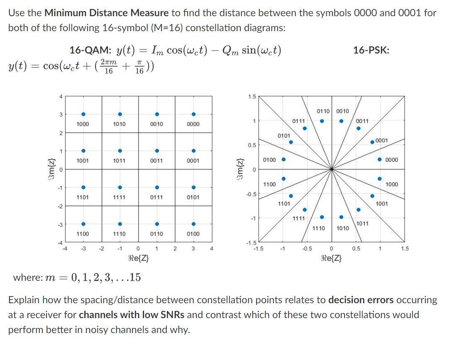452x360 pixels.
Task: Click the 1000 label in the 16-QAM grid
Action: pos(83,124)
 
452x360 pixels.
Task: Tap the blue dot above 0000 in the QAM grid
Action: pos(193,114)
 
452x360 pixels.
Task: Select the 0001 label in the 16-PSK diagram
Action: pos(381,140)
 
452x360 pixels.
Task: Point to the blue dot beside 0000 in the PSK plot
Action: pos(379,160)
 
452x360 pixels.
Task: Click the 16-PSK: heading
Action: pos(371,50)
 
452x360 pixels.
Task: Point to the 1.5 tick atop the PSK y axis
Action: pos(252,97)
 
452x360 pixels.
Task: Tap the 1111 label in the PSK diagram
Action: pos(299,218)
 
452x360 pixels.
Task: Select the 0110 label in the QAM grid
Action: pos(156,234)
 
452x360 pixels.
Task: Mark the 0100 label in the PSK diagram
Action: pos(270,160)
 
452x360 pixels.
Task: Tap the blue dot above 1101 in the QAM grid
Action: pos(83,187)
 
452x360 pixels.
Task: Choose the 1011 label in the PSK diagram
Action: pos(362,224)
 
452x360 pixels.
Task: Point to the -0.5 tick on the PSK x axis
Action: pos(307,248)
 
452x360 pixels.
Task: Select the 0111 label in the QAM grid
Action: pos(156,197)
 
